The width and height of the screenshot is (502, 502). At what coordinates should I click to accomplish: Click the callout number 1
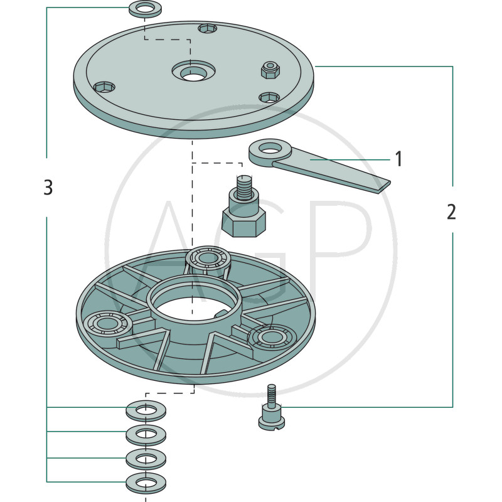click(x=398, y=159)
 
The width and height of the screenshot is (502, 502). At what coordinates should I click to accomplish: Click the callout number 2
click(x=451, y=211)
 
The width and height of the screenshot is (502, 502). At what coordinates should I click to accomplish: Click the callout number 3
click(x=48, y=187)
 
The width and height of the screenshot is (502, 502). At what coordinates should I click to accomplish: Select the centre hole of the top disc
click(x=194, y=76)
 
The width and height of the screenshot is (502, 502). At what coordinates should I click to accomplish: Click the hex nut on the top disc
click(x=270, y=70)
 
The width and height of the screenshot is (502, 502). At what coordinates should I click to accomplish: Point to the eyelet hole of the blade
click(x=270, y=149)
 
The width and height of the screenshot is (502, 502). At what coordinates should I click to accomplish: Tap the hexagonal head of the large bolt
click(x=243, y=223)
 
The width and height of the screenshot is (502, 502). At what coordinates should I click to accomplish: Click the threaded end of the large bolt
click(x=244, y=187)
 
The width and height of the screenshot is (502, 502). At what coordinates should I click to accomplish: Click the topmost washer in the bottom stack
click(x=146, y=411)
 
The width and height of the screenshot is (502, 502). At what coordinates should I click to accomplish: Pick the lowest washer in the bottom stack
click(x=146, y=483)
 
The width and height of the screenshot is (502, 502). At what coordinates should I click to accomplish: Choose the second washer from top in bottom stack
click(x=146, y=435)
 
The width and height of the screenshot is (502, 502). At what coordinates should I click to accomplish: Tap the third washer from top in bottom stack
click(x=146, y=459)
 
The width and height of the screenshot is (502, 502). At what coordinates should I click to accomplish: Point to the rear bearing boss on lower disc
click(x=208, y=258)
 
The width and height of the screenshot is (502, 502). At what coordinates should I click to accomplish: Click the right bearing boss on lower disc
click(x=272, y=338)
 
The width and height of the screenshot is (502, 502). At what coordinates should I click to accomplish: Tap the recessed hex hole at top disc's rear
click(x=208, y=29)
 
